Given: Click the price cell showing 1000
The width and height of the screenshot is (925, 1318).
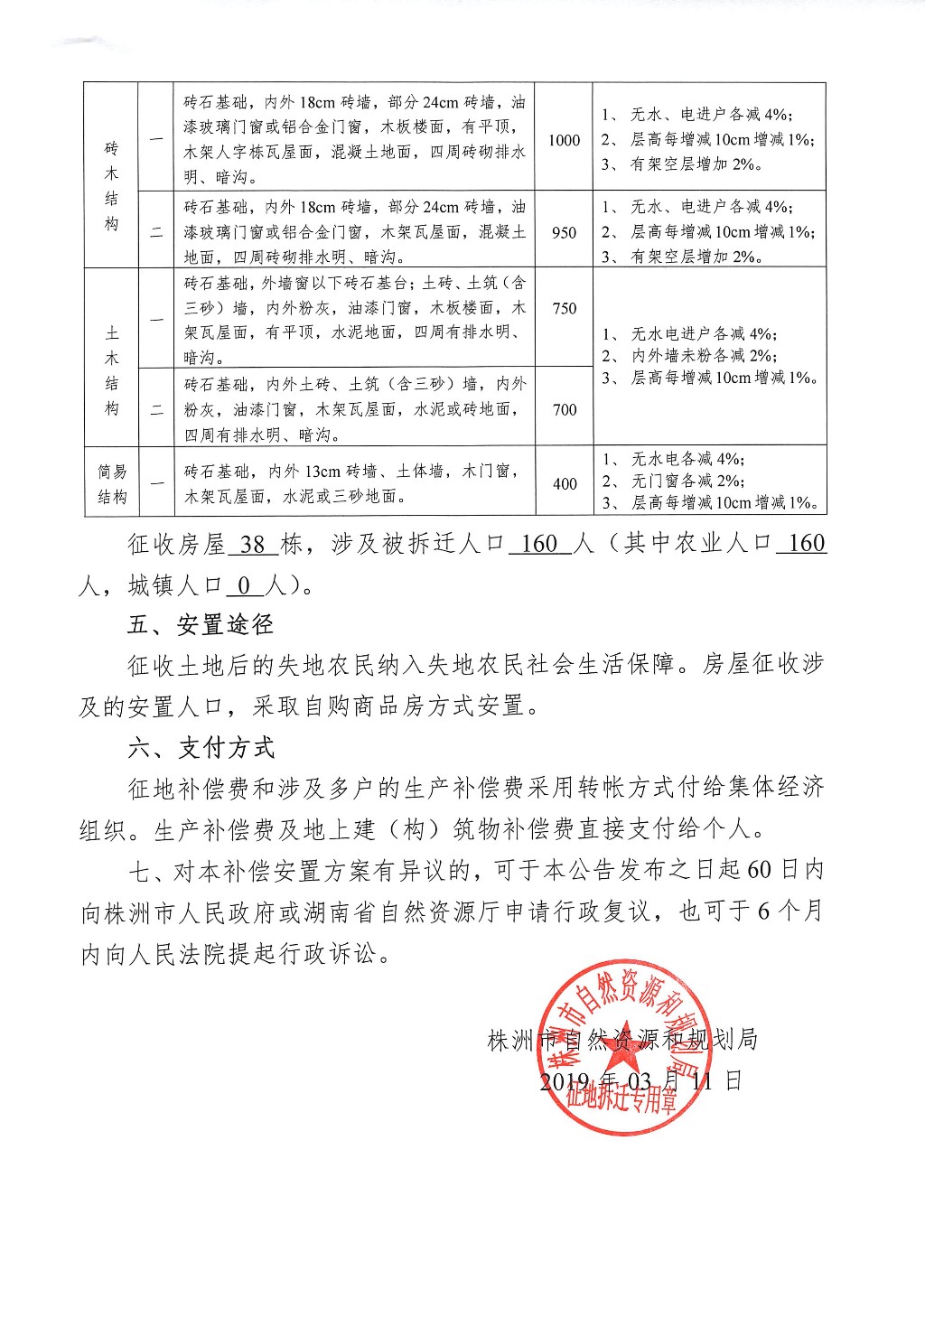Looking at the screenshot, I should (564, 140).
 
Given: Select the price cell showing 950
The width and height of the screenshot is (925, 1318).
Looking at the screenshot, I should (564, 232).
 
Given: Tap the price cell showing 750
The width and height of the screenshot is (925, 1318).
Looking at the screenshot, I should (565, 308).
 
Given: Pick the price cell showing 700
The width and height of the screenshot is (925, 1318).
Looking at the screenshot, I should (565, 410).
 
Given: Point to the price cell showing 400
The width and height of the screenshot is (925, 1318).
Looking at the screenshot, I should (565, 483).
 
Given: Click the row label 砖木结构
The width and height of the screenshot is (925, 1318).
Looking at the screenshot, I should (111, 186).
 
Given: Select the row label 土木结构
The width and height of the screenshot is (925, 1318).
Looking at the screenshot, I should (111, 370).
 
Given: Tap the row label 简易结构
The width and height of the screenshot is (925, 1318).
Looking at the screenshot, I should (112, 484).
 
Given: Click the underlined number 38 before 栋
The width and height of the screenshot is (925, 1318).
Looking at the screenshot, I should (253, 544).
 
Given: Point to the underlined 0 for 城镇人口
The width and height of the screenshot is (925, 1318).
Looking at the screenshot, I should (244, 585).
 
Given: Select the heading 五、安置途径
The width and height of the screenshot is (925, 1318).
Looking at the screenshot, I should (200, 625).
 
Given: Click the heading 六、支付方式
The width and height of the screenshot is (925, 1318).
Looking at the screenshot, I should (201, 748).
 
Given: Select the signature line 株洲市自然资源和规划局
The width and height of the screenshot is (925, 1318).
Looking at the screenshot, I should (622, 1040).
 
